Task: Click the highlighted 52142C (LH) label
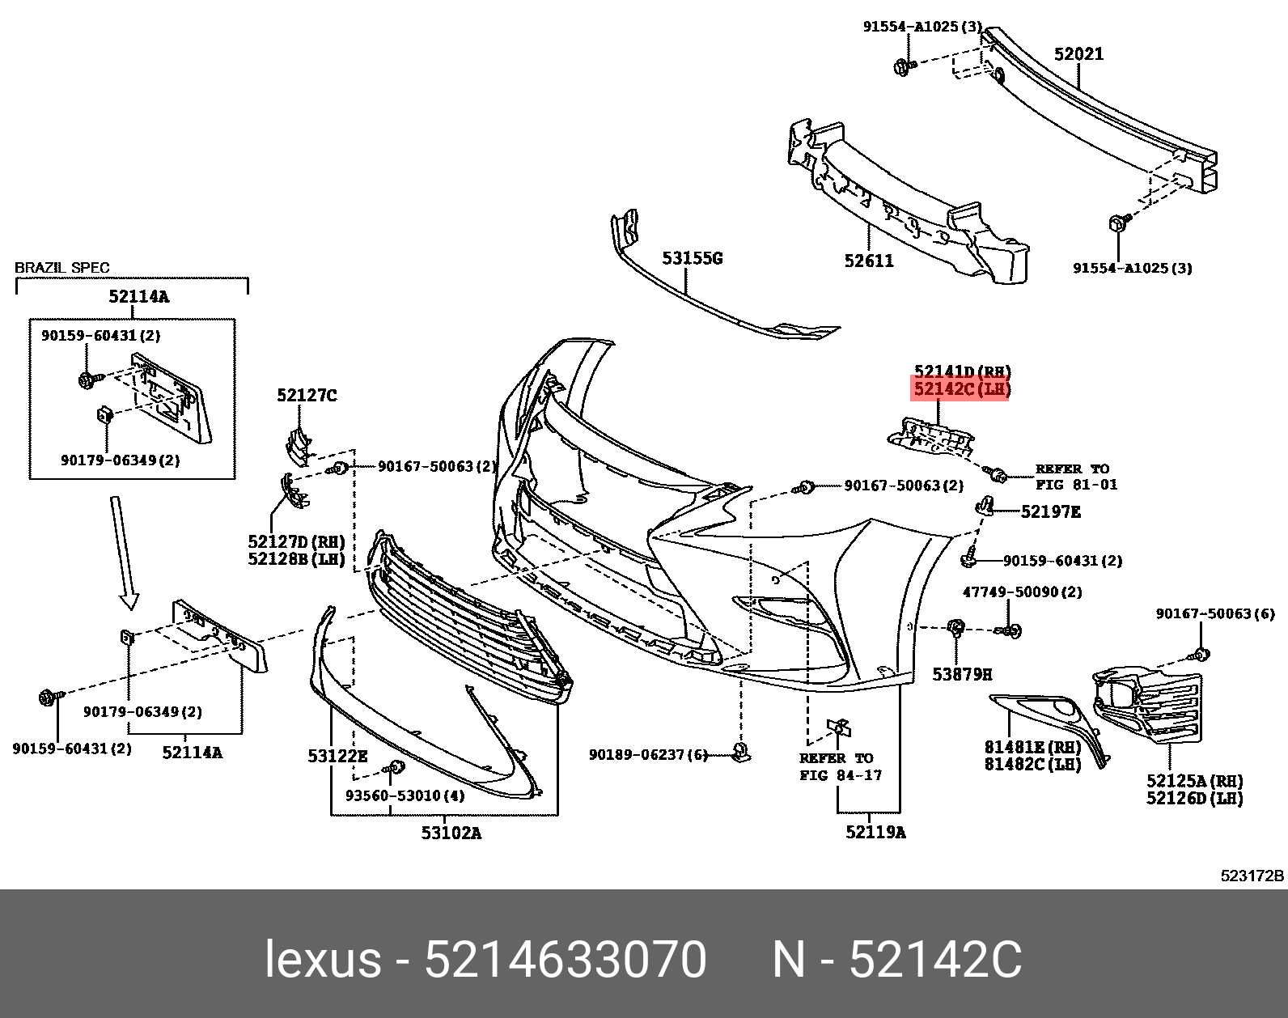[x=961, y=389]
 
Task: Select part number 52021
[x=1078, y=54]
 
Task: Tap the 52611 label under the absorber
[x=869, y=261]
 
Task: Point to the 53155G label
[x=692, y=258]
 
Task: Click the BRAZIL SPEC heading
[x=62, y=268]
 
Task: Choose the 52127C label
[x=307, y=395]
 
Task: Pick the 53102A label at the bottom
[x=451, y=833]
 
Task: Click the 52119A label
[x=875, y=832]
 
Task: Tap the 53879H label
[x=962, y=674]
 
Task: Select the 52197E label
[x=1050, y=511]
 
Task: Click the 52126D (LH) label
[x=1194, y=799]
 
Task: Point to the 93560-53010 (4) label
[x=405, y=795]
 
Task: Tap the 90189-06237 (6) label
[x=648, y=755]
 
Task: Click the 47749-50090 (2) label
[x=1022, y=592]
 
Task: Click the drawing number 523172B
[x=1252, y=876]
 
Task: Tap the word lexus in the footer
[x=323, y=961]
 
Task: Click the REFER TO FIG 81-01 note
[x=1076, y=477]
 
